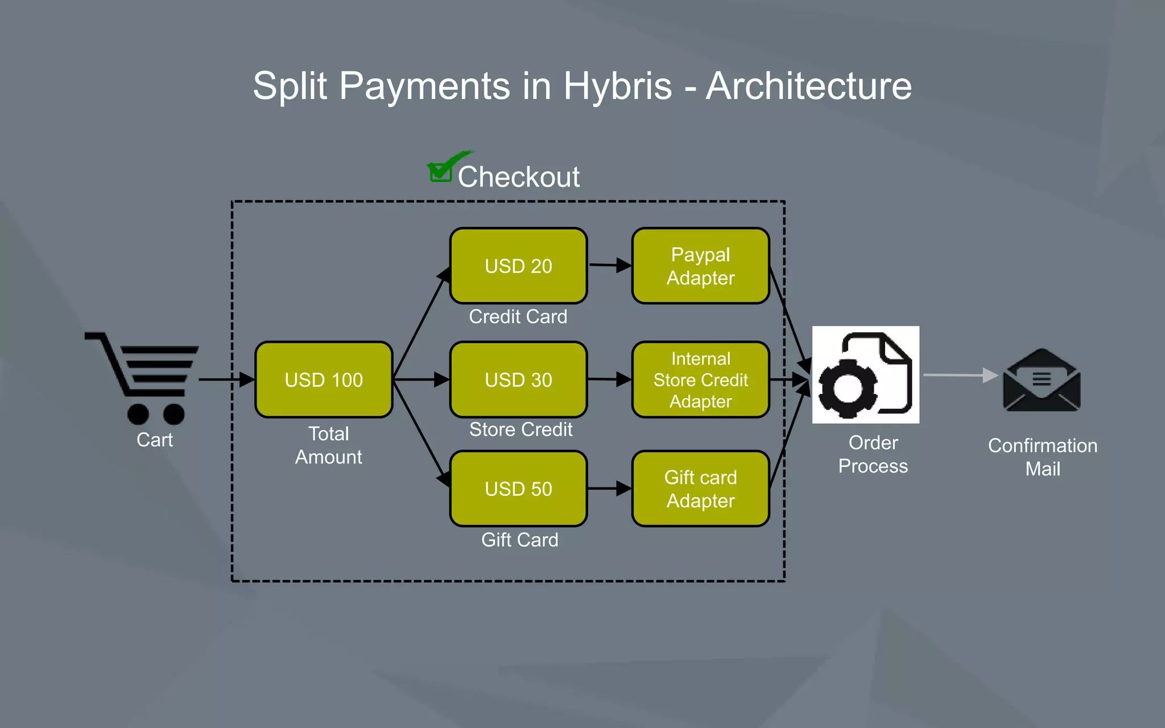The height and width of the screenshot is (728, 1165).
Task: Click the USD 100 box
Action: [324, 379]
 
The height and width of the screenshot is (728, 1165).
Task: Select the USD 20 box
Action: [518, 266]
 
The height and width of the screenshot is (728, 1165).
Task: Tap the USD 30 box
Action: [518, 379]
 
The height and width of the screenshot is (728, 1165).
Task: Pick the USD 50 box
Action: [518, 489]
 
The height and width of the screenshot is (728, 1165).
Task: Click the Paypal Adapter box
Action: [700, 266]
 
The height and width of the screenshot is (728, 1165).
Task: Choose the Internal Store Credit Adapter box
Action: [700, 379]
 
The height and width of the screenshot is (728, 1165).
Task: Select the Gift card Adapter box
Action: [700, 489]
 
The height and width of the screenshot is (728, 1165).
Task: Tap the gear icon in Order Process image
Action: [848, 389]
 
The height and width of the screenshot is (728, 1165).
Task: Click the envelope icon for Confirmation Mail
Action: [1042, 380]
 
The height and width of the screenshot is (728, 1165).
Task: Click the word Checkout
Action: [519, 177]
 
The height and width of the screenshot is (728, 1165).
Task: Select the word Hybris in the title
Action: [618, 86]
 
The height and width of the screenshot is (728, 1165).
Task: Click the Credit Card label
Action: [518, 316]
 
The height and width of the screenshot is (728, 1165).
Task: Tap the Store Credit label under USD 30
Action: [520, 429]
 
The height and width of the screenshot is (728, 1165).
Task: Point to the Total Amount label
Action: [328, 445]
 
